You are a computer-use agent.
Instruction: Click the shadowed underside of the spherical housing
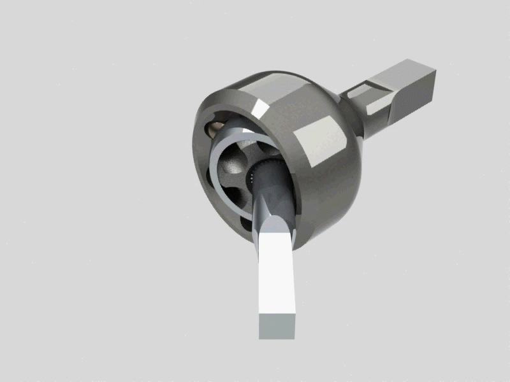[x=319, y=210]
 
